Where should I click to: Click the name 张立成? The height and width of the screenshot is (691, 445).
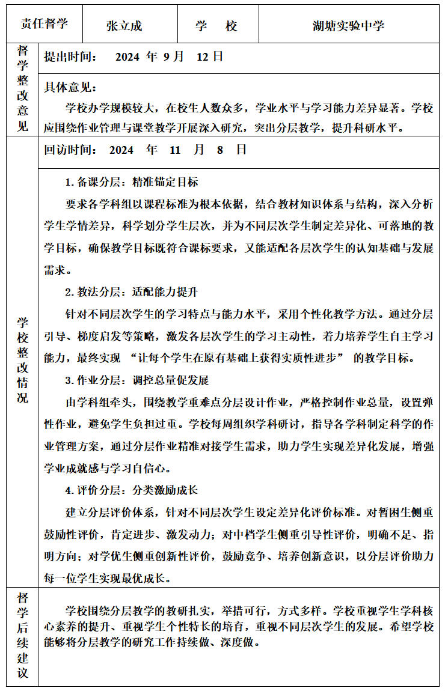click(x=124, y=26)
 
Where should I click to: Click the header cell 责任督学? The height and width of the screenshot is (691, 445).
click(x=44, y=24)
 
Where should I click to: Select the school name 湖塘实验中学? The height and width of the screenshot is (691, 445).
click(x=348, y=26)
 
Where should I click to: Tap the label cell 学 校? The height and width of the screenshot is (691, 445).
click(x=216, y=26)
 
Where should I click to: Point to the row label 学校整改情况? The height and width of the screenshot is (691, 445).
click(x=23, y=360)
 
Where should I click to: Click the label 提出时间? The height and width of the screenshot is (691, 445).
click(x=71, y=57)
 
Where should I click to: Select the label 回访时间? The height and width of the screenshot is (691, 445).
click(x=71, y=150)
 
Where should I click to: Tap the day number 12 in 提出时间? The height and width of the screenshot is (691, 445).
click(x=202, y=57)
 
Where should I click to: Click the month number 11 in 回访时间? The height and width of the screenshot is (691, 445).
click(x=175, y=150)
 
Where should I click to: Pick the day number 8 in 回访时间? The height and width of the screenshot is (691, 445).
click(x=220, y=150)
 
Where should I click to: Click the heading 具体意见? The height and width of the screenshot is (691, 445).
click(x=71, y=88)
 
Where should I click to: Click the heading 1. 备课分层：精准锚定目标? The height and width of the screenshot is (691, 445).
click(x=132, y=182)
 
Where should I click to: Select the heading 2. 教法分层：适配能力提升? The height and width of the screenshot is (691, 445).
click(x=132, y=293)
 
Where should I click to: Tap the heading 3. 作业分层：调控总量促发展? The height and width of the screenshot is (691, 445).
click(x=137, y=380)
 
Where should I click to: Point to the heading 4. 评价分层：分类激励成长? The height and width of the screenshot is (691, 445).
click(x=132, y=490)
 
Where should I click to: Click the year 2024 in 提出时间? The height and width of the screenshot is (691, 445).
click(x=127, y=57)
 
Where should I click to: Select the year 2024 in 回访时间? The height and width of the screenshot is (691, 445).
click(x=121, y=150)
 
